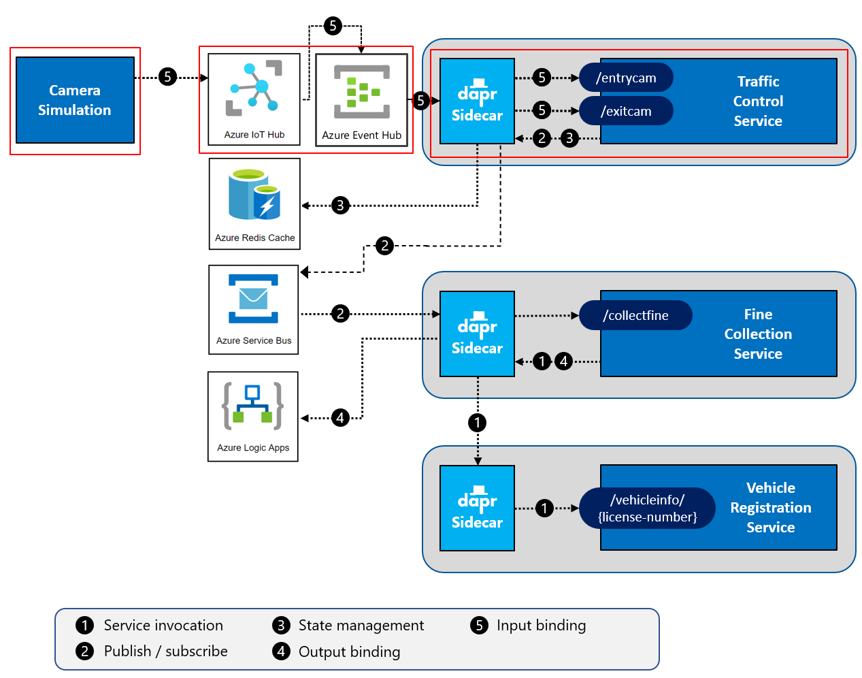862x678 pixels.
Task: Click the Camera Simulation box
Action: [75, 100]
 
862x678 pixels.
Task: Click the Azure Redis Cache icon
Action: [254, 195]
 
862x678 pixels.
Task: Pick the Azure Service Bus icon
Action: [253, 299]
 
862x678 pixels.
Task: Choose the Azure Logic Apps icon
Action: [252, 406]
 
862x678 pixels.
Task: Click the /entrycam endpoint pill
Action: [626, 78]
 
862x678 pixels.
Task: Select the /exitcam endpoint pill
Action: [626, 111]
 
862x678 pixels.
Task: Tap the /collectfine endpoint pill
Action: [635, 315]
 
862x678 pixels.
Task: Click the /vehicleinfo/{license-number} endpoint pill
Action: [647, 508]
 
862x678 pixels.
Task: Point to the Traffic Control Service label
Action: [758, 101]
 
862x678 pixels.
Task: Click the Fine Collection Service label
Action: [758, 334]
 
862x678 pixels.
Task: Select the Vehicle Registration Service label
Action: [770, 507]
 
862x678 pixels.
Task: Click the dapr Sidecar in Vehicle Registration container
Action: [477, 508]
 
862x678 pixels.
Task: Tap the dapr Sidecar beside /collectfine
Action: [477, 334]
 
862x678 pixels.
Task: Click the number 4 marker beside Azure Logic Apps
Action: [340, 418]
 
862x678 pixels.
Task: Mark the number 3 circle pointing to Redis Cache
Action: [340, 205]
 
